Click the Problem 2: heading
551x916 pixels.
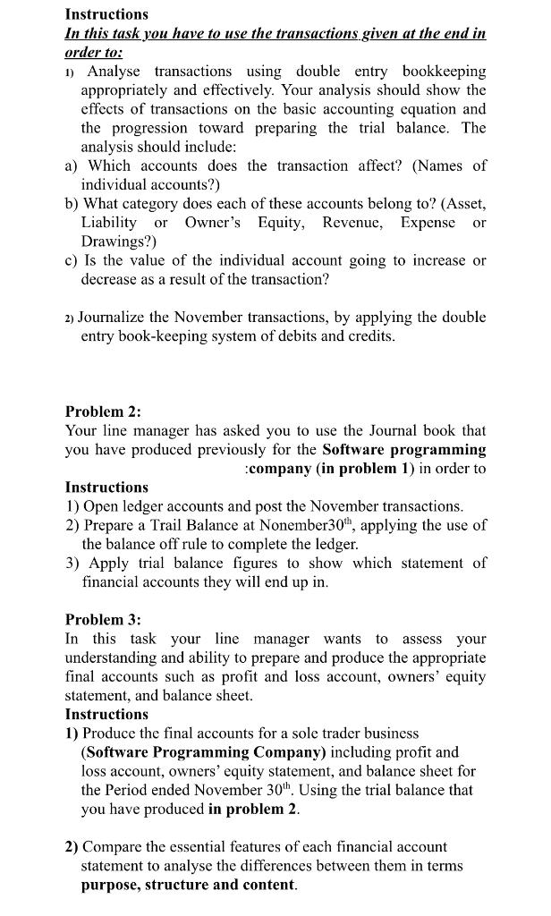coord(103,411)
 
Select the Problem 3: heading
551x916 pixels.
coord(103,619)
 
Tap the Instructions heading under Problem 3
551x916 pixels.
coord(106,714)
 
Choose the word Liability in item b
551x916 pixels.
coord(109,223)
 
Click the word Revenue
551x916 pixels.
coord(342,223)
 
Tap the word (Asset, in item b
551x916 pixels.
coord(458,204)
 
